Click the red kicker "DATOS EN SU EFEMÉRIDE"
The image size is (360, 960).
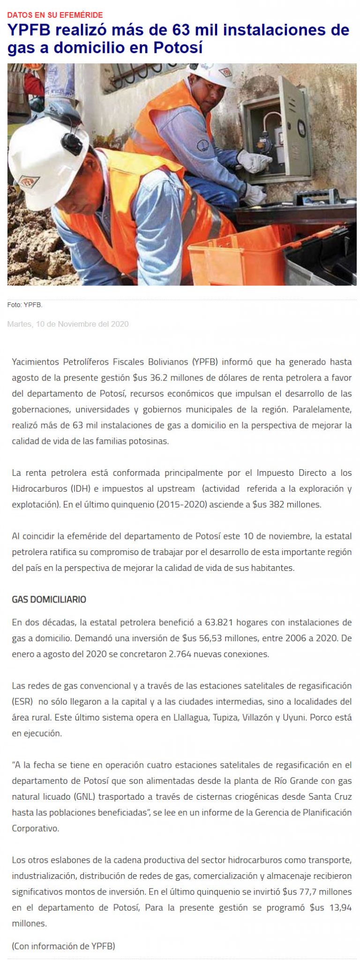[x=55, y=15]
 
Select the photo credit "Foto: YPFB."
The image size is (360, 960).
[x=25, y=305]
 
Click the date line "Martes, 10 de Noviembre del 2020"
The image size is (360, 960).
[x=68, y=324]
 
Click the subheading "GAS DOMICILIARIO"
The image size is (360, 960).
[x=49, y=600]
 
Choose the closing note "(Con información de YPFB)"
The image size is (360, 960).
[x=63, y=946]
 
